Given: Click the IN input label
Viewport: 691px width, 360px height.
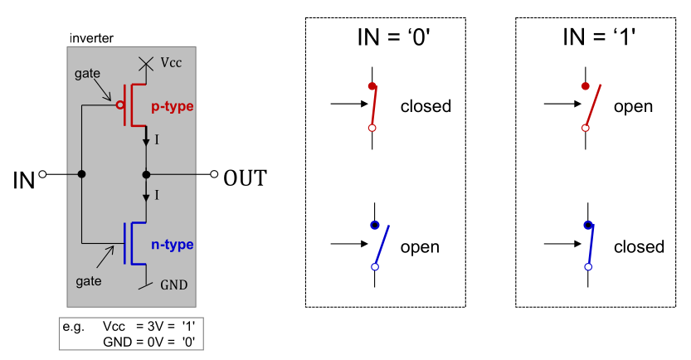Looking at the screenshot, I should tap(22, 178).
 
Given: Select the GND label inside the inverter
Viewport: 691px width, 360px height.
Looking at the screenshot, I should tap(173, 285).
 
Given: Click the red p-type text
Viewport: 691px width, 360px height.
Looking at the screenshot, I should tap(173, 107).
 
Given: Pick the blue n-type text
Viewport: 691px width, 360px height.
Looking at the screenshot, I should tap(173, 244).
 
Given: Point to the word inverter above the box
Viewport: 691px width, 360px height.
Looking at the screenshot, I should tap(90, 38).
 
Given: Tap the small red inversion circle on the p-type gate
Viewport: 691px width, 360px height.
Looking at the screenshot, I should tap(119, 105).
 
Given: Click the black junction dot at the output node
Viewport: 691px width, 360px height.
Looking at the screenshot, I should tap(147, 174).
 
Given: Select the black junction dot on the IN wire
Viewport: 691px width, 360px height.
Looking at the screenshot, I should tap(81, 174).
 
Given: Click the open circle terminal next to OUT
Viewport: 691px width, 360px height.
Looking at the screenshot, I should tap(214, 174).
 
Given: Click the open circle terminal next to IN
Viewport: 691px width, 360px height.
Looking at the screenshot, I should tap(42, 174).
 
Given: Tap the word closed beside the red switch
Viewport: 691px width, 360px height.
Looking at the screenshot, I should tap(426, 106).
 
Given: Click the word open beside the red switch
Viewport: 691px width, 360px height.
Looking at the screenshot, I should tap(633, 106).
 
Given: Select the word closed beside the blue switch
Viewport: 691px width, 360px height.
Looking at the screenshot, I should tap(639, 246).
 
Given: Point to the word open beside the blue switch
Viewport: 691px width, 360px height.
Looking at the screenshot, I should tap(420, 246).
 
